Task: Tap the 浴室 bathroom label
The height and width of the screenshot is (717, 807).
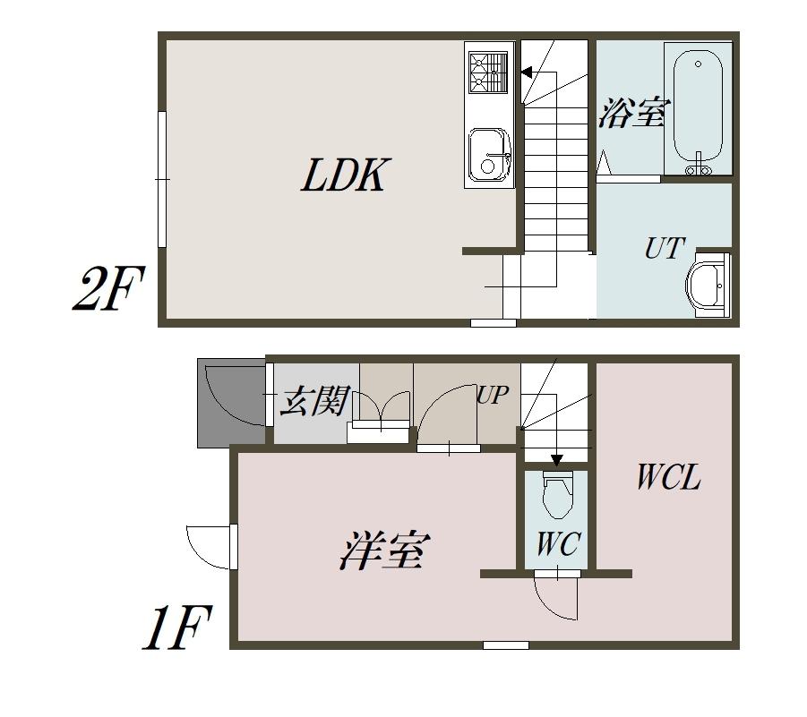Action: [x=634, y=114]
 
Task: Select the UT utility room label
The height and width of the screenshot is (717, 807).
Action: [x=665, y=248]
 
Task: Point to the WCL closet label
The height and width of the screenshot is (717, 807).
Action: [x=667, y=477]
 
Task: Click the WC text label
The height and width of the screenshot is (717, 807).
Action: [x=558, y=543]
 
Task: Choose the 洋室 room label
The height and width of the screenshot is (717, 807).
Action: [x=384, y=550]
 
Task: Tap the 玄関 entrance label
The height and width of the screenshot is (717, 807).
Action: [x=313, y=402]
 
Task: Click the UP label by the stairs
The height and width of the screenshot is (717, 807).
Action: [x=492, y=395]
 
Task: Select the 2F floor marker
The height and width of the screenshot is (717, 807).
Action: [x=107, y=290]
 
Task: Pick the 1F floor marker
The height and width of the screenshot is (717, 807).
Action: [x=176, y=629]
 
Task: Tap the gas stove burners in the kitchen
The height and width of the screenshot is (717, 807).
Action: [x=488, y=73]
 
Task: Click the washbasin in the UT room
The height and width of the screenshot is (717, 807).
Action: [x=708, y=284]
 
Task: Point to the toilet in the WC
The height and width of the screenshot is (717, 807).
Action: [x=556, y=495]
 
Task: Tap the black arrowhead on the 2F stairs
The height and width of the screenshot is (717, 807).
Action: [x=527, y=73]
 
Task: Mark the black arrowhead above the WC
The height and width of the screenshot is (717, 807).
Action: [x=556, y=461]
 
